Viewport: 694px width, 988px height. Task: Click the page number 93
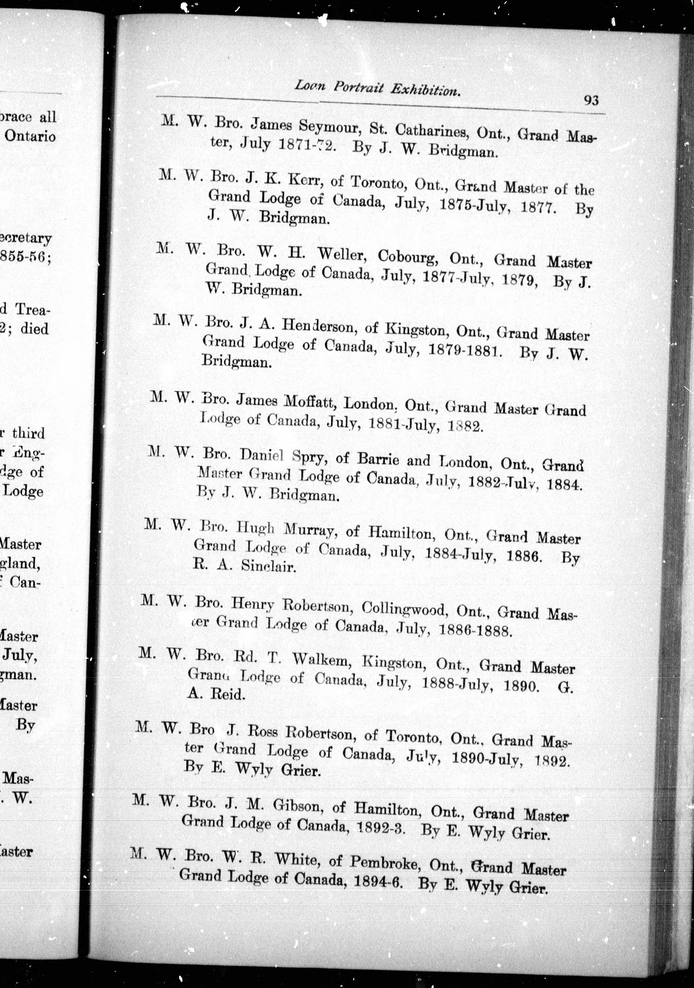point(591,100)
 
